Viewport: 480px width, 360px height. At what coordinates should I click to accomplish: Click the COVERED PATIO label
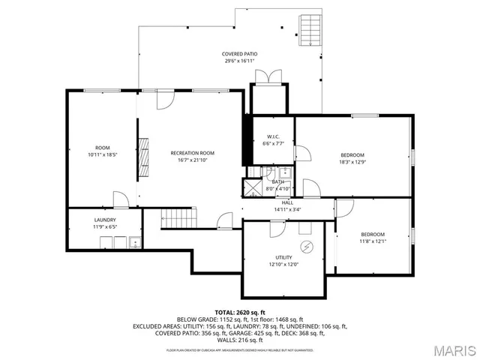coord(240,54)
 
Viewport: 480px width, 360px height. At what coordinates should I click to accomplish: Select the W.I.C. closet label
coord(273,136)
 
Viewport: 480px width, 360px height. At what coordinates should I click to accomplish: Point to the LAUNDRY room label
coord(104,220)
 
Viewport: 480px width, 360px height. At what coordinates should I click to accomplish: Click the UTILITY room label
coord(283,257)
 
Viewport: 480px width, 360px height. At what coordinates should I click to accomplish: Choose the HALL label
coord(287,202)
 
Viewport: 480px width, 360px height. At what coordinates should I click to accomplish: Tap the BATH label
coord(278,181)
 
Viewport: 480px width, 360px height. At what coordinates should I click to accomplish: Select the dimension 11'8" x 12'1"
coord(372,241)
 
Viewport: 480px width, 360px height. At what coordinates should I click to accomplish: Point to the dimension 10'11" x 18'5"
coord(102,154)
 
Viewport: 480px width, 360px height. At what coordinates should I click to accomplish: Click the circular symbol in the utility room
coord(306,247)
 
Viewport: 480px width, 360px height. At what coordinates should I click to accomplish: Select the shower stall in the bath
coord(254,187)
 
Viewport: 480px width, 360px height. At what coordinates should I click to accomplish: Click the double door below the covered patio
coord(267,77)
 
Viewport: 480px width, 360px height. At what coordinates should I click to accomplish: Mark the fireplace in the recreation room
coord(141,157)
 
